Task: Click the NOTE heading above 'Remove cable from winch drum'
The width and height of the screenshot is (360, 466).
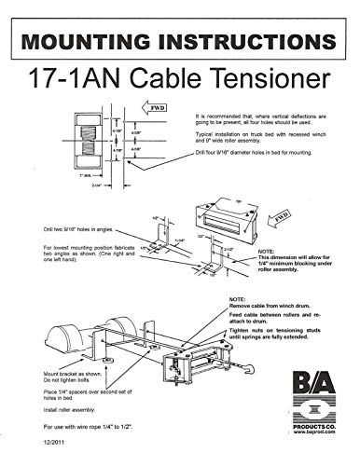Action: (x=240, y=304)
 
